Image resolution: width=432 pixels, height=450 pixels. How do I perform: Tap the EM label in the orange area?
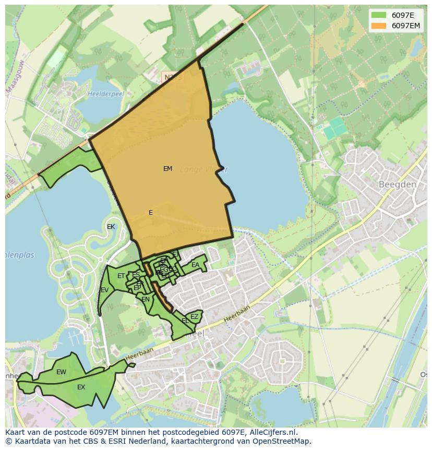(x=167, y=169)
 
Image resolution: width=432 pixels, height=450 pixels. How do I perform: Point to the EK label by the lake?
(x=111, y=227)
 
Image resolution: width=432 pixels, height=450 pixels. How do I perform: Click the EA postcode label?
(x=195, y=265)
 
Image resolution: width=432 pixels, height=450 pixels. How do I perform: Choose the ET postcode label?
(x=121, y=276)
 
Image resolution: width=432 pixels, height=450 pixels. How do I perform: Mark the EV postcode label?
(x=104, y=290)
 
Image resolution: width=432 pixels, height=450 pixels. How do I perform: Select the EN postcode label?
(x=146, y=299)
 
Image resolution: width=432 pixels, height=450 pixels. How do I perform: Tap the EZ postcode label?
(x=194, y=317)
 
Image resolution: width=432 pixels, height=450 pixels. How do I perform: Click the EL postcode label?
(x=185, y=321)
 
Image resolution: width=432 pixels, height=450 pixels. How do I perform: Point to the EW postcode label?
(x=61, y=372)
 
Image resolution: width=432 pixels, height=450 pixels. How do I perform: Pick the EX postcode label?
(x=81, y=387)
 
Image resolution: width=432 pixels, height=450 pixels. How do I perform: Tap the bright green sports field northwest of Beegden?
(x=336, y=128)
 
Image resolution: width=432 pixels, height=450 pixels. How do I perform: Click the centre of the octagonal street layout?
(x=283, y=361)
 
